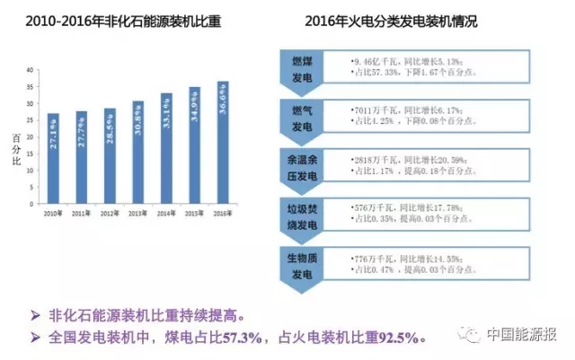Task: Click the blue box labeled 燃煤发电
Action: (303, 66)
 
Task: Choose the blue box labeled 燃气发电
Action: (303, 115)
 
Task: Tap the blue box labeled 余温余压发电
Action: (303, 165)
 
